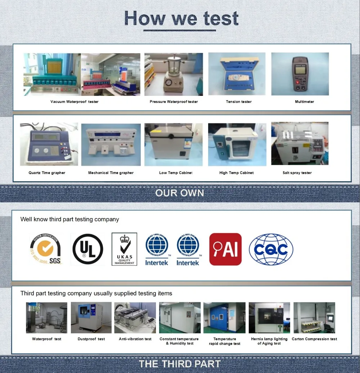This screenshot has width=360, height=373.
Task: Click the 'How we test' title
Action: tap(181, 19)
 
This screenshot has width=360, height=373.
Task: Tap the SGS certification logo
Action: tap(46, 249)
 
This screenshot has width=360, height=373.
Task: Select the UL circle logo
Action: tap(87, 249)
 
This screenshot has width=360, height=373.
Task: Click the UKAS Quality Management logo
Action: tap(124, 249)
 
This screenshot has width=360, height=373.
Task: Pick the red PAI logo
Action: tap(225, 249)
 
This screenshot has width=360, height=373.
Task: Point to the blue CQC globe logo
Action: tap(271, 249)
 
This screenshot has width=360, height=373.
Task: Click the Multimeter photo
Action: tap(300, 74)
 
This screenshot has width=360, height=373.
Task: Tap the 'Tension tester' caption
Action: tap(239, 102)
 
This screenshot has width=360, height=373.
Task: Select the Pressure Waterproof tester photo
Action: tap(174, 74)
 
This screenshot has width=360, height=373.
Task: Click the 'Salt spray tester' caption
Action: tap(297, 173)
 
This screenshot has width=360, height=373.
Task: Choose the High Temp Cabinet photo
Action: tap(237, 145)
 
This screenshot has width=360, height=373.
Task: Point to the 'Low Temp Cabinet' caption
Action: tap(176, 173)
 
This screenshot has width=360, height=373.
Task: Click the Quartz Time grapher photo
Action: tap(49, 144)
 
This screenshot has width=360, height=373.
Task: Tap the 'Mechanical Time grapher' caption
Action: tap(111, 173)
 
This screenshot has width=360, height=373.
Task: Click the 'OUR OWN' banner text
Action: tap(180, 193)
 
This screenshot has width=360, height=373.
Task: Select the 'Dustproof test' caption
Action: tap(91, 339)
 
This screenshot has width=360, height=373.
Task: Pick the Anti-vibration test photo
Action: tap(135, 318)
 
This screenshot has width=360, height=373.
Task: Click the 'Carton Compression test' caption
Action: tap(314, 339)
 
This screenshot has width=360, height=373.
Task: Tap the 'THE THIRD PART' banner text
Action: tap(180, 364)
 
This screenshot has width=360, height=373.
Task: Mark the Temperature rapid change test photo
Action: tap(224, 318)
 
